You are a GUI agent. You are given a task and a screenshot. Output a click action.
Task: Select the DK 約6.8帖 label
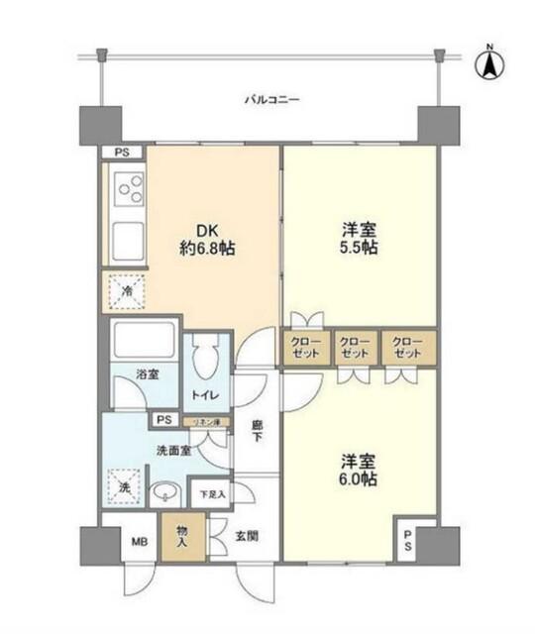(209, 237)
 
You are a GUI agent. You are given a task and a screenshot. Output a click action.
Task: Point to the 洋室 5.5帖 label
(358, 237)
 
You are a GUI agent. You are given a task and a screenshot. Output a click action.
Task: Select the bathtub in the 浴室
(141, 343)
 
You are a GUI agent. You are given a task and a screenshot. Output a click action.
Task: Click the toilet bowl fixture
(205, 362)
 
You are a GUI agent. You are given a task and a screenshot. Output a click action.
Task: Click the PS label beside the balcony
(122, 153)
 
